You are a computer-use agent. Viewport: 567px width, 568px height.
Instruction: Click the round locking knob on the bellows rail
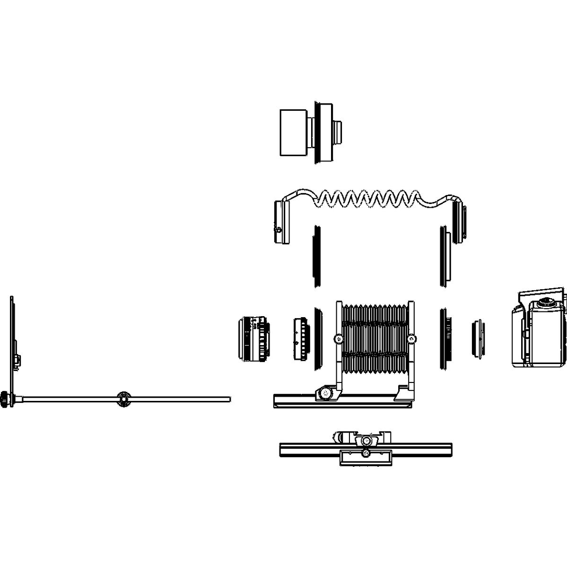325,393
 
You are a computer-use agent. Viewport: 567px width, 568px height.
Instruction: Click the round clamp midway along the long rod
124,399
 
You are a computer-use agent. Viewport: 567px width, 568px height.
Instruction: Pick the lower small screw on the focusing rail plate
366,454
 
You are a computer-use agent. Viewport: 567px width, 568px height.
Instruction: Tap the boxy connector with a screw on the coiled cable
281,222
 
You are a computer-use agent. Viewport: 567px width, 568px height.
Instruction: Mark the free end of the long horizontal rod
229,399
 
